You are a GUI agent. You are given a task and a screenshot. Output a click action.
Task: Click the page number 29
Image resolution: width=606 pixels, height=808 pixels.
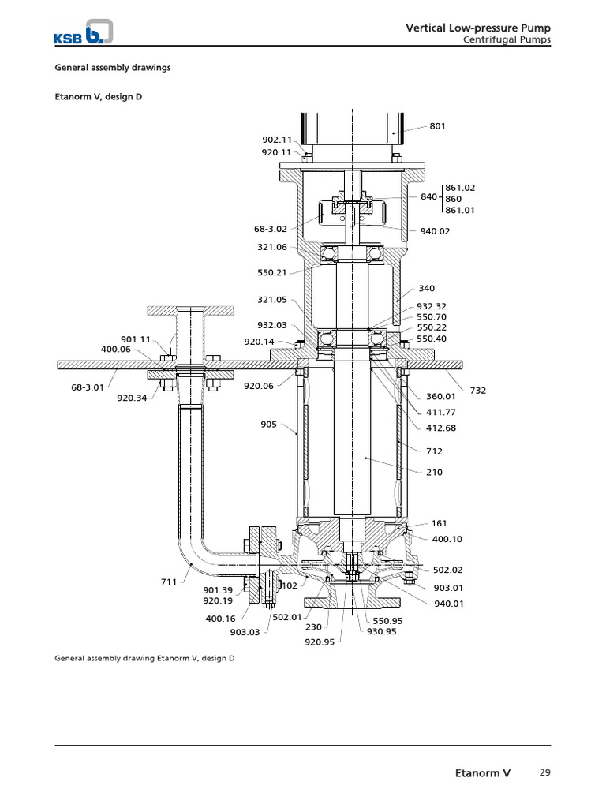coord(544,772)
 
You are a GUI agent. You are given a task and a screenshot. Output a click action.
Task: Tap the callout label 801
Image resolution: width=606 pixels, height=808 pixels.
coord(437,125)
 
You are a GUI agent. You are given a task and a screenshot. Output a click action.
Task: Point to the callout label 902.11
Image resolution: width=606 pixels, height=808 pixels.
coord(276,139)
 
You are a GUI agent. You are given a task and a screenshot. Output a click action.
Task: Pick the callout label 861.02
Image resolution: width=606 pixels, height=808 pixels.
coord(461,187)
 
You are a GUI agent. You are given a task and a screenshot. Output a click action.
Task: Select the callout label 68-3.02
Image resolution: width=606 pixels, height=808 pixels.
coord(271,229)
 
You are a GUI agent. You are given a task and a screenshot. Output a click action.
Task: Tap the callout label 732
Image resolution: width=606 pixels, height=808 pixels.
coord(478,390)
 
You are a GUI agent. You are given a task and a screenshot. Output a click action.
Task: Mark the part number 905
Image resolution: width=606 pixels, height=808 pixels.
coord(268,424)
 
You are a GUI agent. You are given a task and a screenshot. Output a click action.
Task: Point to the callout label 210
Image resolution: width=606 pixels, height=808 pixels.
coord(435,472)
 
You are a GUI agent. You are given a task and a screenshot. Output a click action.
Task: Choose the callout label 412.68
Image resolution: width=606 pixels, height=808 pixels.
coord(441,428)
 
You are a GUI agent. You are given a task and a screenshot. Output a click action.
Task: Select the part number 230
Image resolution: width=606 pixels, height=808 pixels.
coord(313,628)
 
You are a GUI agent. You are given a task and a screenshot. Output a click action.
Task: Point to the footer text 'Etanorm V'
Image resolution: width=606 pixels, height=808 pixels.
coord(483,773)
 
